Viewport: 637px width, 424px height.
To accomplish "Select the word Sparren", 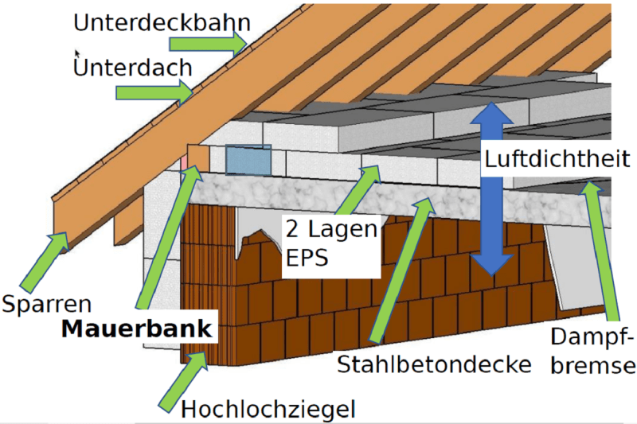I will click(x=47, y=303).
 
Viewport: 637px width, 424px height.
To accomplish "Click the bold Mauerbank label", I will click(x=139, y=329).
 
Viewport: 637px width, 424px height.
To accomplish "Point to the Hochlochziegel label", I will click(x=268, y=409).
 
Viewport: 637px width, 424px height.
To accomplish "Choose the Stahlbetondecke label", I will click(x=434, y=365).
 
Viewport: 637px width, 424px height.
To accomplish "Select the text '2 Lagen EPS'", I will click(x=331, y=245).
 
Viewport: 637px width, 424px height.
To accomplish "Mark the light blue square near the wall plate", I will click(x=248, y=160).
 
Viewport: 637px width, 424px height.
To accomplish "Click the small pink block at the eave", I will click(x=185, y=160).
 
